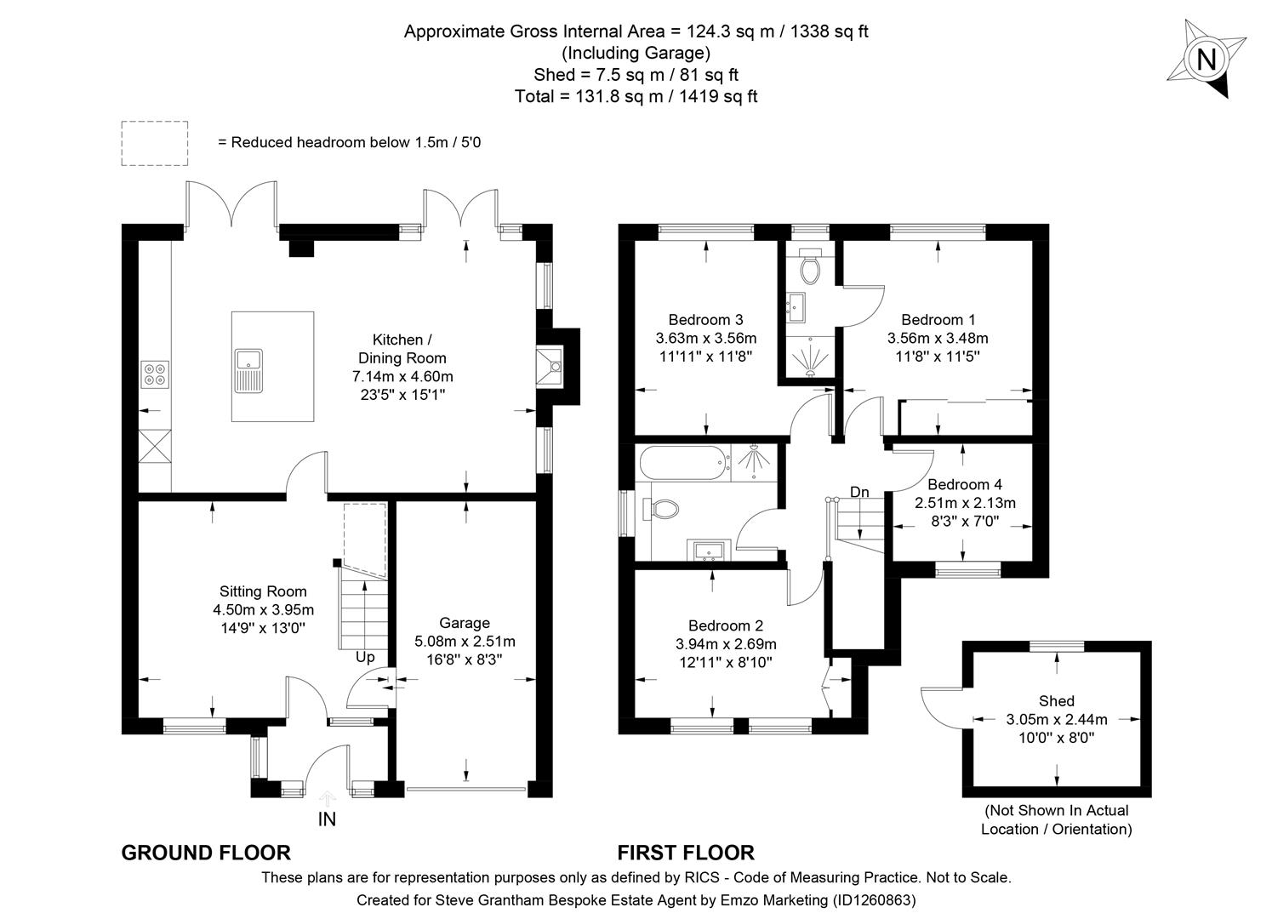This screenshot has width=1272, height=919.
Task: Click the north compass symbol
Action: (x=1205, y=59)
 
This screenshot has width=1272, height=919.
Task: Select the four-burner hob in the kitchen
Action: (x=155, y=374)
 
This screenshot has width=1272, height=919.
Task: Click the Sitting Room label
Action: (x=263, y=591)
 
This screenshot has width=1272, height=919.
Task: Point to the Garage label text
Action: (x=464, y=623)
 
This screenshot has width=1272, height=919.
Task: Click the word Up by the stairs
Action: (x=365, y=657)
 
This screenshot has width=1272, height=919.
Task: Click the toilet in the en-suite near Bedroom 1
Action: (x=810, y=267)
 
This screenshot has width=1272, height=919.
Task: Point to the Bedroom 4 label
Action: (x=965, y=484)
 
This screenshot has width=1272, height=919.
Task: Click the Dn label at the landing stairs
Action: (x=859, y=492)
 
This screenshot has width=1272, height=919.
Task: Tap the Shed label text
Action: (x=1057, y=701)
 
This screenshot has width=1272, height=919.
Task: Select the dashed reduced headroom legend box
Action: (x=154, y=143)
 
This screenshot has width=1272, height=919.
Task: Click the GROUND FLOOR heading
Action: (x=206, y=853)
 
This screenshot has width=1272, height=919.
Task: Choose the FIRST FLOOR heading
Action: (x=685, y=853)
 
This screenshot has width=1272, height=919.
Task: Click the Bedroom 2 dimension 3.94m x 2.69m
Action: (x=726, y=644)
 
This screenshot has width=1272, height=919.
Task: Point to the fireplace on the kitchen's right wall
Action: (x=554, y=367)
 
